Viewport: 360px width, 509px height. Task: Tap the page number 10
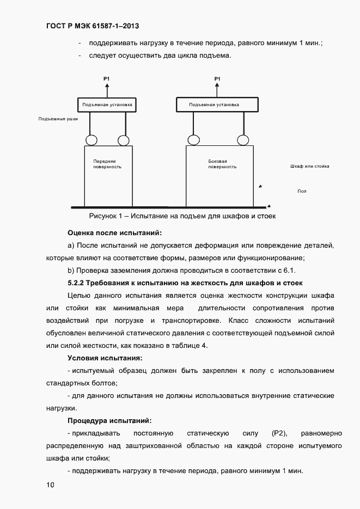pyautogui.click(x=51, y=484)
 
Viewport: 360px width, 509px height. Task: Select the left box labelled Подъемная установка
pyautogui.click(x=107, y=105)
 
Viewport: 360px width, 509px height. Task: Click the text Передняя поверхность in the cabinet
pyautogui.click(x=104, y=164)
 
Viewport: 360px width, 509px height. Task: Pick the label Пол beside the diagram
pyautogui.click(x=302, y=191)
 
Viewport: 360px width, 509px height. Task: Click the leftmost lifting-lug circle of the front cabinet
pyautogui.click(x=91, y=140)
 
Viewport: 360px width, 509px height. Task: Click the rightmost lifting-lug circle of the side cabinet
pyautogui.click(x=243, y=139)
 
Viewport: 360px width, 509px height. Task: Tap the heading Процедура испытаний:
pyautogui.click(x=109, y=420)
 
